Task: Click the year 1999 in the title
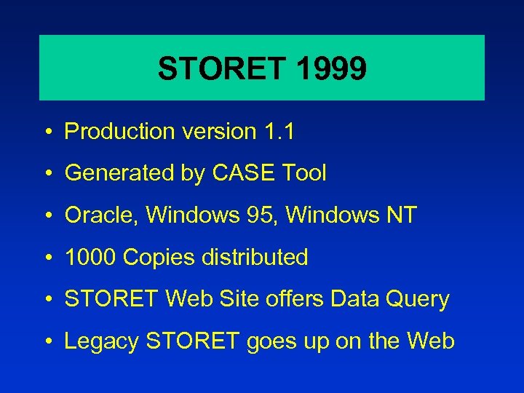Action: (x=331, y=69)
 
